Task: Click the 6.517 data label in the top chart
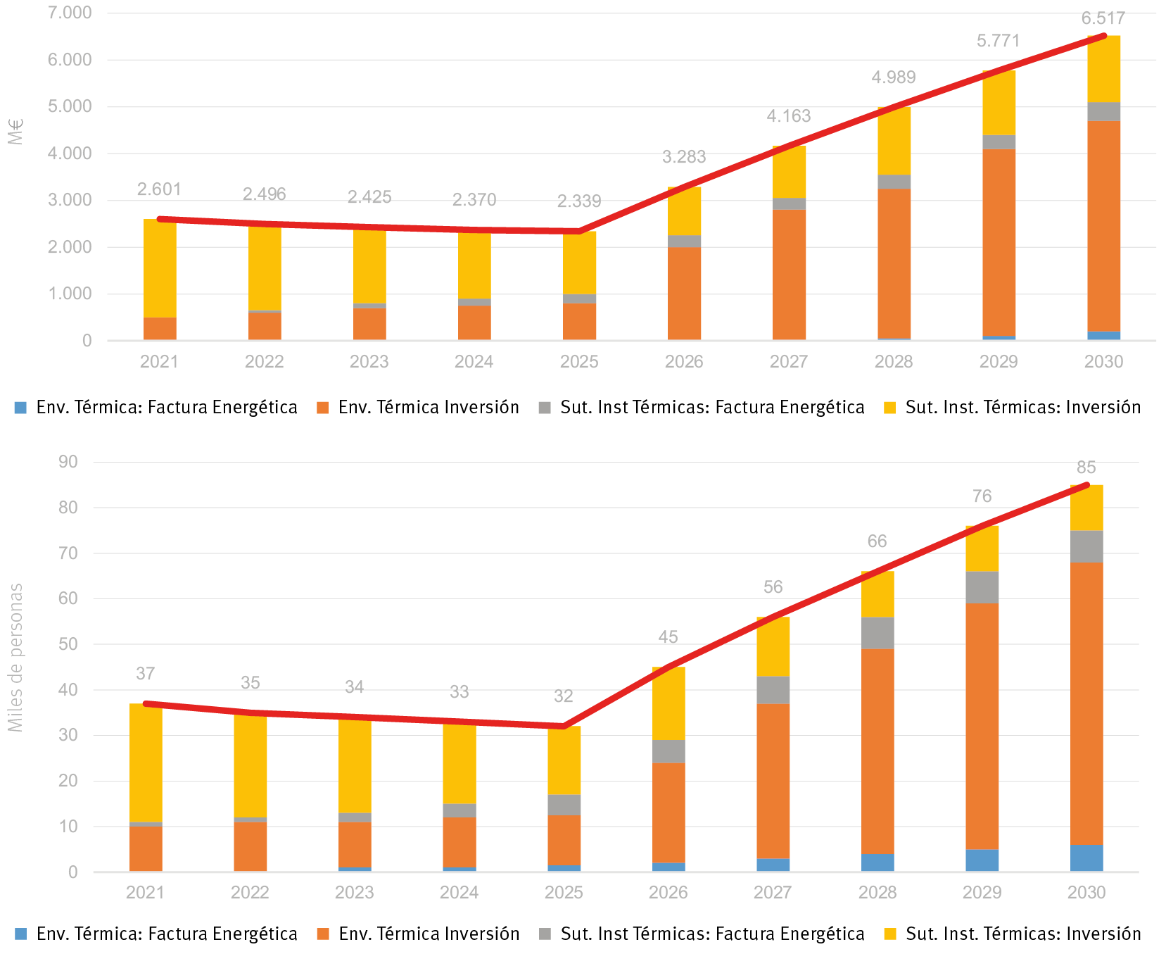(1103, 19)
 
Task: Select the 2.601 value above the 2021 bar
(159, 189)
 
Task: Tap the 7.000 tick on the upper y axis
(70, 13)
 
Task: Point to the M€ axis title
(15, 132)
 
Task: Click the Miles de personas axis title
(15, 657)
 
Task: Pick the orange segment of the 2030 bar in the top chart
(1103, 225)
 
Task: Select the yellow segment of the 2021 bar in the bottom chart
(146, 762)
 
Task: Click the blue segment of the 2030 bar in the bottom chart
(1086, 858)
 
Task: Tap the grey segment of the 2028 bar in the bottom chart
(877, 632)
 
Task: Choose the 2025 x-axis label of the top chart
(578, 362)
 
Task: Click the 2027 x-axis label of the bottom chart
(773, 893)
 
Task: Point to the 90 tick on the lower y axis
(68, 463)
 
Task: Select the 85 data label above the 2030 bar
(1086, 467)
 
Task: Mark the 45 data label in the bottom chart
(668, 637)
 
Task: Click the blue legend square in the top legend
(20, 408)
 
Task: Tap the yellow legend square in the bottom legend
(890, 934)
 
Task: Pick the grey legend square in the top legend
(545, 408)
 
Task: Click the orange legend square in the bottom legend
(323, 934)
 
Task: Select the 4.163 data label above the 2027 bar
(788, 116)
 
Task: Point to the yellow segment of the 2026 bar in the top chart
(684, 211)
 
